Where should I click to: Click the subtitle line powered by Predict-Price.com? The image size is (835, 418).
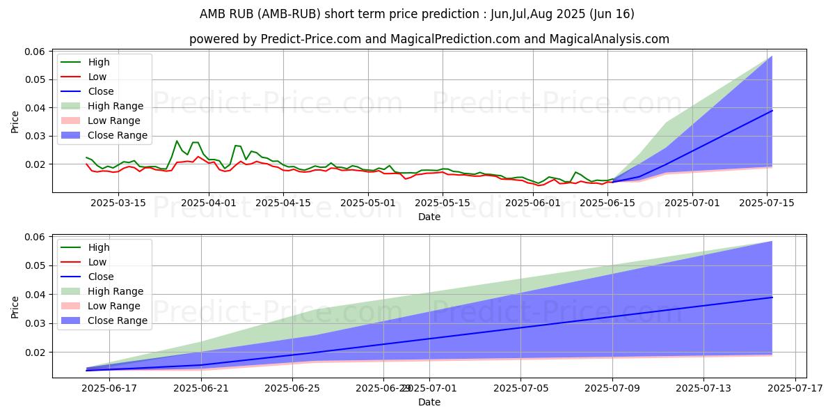click(x=429, y=40)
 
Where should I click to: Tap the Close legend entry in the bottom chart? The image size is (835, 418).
click(x=100, y=277)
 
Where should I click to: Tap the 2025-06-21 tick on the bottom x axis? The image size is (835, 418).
click(x=201, y=388)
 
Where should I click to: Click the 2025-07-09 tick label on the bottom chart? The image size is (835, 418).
click(x=612, y=388)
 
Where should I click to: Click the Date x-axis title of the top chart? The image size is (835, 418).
click(x=429, y=217)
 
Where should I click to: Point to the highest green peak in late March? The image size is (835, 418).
click(x=177, y=141)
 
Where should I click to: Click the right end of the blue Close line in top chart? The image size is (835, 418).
click(x=772, y=111)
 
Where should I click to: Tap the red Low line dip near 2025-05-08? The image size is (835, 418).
click(x=406, y=179)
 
